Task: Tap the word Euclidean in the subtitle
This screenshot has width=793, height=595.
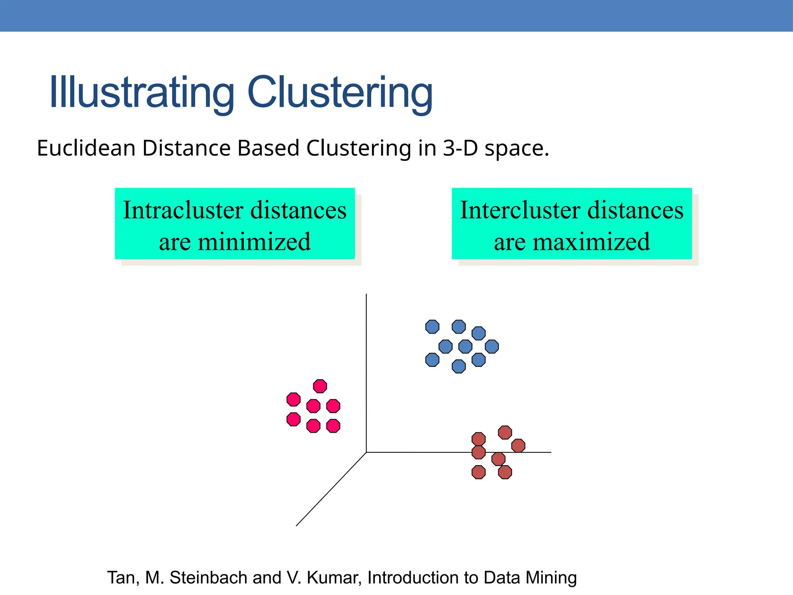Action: pyautogui.click(x=86, y=148)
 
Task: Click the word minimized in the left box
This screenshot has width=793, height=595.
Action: pyautogui.click(x=254, y=242)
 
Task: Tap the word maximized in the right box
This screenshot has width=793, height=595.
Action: pyautogui.click(x=591, y=242)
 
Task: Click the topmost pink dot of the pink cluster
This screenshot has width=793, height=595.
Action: pyautogui.click(x=320, y=386)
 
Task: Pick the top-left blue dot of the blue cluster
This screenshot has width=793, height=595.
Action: pyautogui.click(x=432, y=327)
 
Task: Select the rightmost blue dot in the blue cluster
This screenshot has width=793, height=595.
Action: pyautogui.click(x=492, y=346)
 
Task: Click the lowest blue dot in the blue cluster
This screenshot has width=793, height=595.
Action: pyautogui.click(x=458, y=366)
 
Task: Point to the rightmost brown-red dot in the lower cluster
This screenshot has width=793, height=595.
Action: pyautogui.click(x=518, y=445)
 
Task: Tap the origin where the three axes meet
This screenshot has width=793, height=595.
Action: pyautogui.click(x=366, y=452)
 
